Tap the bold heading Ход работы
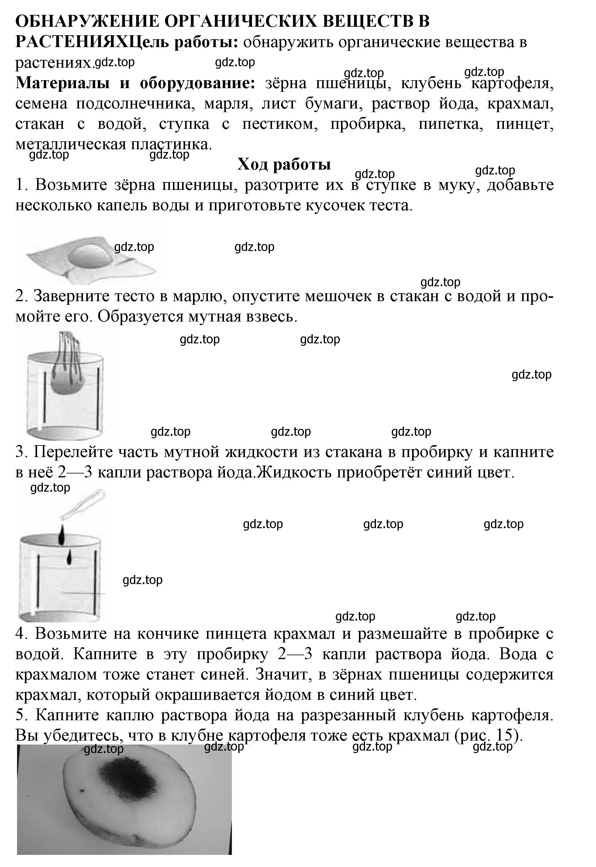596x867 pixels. pos(284,164)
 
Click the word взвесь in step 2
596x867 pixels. pos(271,317)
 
